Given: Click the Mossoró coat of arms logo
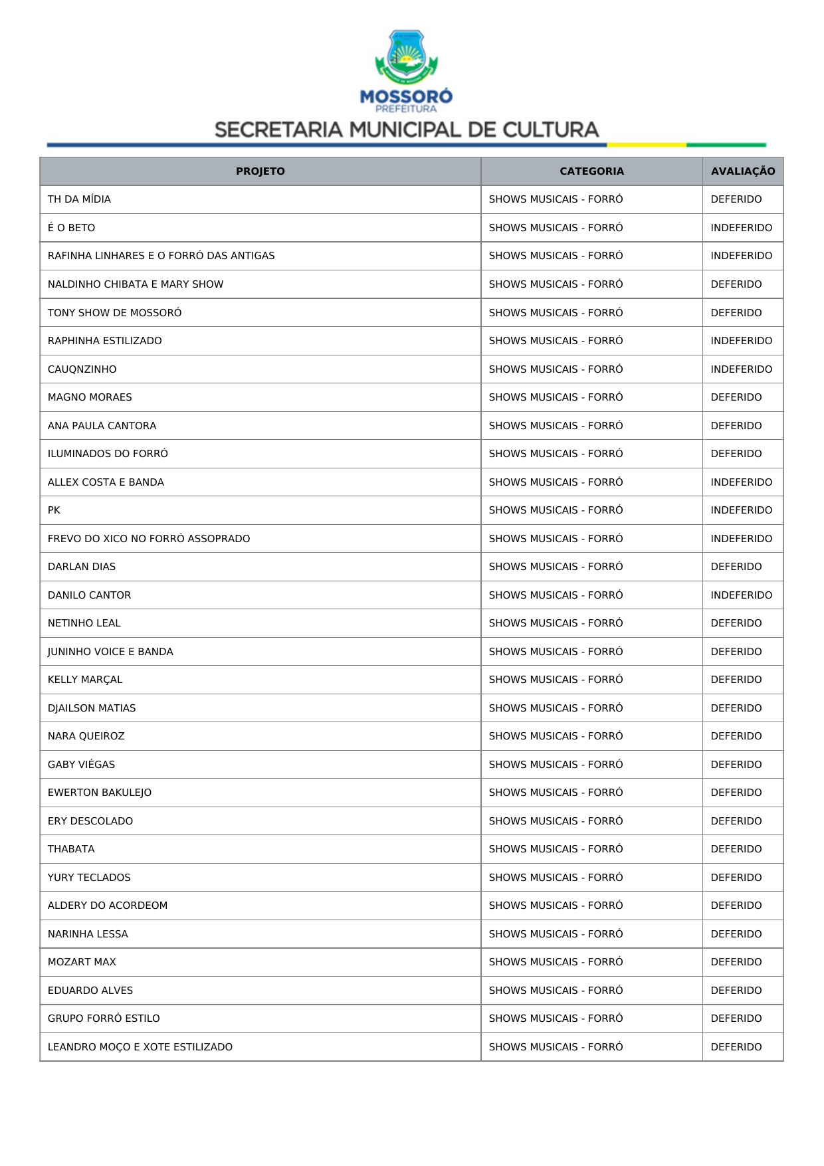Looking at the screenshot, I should click(x=406, y=56).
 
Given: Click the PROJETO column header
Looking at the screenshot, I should click(x=260, y=171).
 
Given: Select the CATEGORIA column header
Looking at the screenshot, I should click(x=591, y=171).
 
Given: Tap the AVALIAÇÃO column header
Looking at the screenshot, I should click(x=742, y=171).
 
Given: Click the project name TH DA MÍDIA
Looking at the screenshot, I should click(x=79, y=199).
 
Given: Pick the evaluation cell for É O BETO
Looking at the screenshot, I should click(x=741, y=228).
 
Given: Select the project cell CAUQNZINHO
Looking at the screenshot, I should click(x=82, y=369).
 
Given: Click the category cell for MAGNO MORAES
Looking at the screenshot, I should click(x=556, y=397).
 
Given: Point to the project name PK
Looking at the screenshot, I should click(x=54, y=510).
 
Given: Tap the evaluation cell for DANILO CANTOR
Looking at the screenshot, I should click(x=741, y=595).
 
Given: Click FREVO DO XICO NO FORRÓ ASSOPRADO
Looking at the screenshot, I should click(x=149, y=539).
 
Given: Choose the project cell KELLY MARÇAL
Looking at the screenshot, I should click(x=85, y=680).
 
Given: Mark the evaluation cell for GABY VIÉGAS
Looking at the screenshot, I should click(x=736, y=765).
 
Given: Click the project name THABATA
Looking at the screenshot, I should click(x=71, y=849).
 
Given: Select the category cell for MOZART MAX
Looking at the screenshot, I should click(x=556, y=962).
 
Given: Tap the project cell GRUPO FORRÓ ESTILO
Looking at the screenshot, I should click(x=104, y=1019).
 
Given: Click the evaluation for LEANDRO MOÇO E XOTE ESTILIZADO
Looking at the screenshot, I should click(x=736, y=1047).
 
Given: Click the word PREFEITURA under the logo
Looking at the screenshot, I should click(x=406, y=109).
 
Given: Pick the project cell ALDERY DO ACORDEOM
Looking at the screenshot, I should click(x=108, y=906).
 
